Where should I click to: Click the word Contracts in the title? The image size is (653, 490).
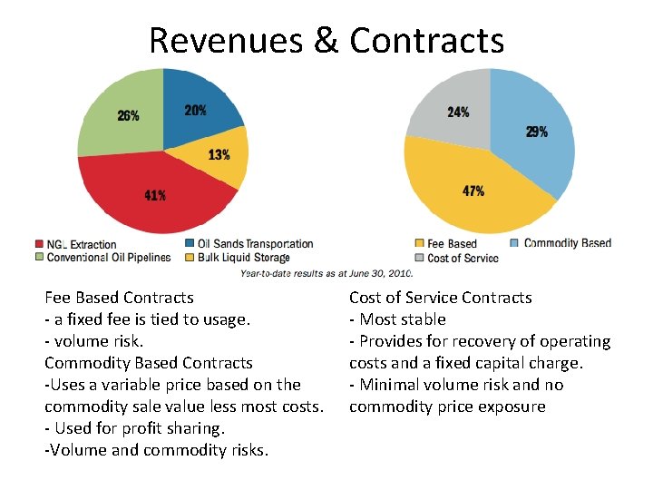click(x=426, y=41)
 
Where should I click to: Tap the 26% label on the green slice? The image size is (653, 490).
click(x=128, y=115)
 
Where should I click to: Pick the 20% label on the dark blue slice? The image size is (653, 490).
click(x=195, y=110)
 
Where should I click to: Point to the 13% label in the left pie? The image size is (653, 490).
click(x=219, y=154)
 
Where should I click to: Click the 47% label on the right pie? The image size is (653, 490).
click(x=473, y=191)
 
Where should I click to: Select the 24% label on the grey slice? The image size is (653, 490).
click(x=458, y=113)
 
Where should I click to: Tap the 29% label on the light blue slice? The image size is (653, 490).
click(x=536, y=132)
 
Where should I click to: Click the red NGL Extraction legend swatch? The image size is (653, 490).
click(x=39, y=244)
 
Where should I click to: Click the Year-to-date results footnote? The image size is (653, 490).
click(x=326, y=272)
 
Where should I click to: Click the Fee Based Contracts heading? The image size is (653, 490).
click(x=119, y=298)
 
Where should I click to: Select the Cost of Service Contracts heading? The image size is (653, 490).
click(x=440, y=298)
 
